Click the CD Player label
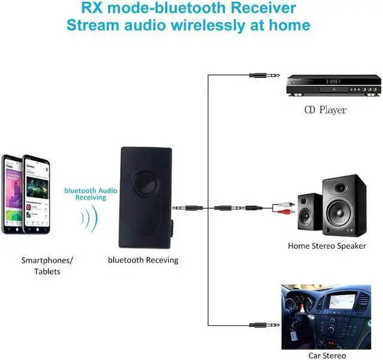(326, 110)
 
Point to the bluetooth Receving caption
(143, 261)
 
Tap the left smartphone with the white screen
(12, 195)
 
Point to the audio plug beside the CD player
(260, 76)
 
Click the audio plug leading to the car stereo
(260, 325)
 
